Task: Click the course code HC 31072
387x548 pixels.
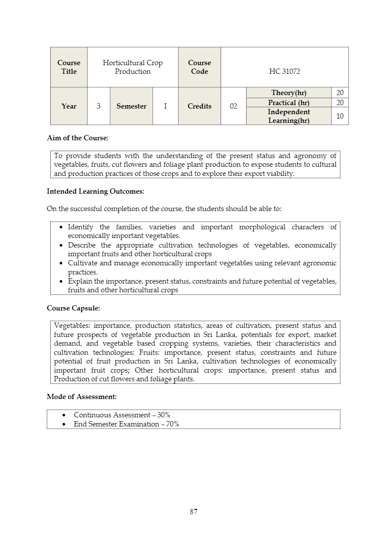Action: click(284, 72)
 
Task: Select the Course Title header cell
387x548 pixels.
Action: click(69, 67)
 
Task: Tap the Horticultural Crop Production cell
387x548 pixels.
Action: click(133, 67)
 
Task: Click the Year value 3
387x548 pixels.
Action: click(99, 106)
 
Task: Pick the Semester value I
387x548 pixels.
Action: click(165, 106)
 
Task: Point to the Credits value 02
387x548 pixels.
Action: click(234, 106)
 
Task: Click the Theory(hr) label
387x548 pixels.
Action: click(289, 93)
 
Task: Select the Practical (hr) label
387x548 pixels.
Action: click(289, 103)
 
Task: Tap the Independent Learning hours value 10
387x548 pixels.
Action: click(340, 116)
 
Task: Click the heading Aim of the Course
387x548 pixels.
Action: click(78, 138)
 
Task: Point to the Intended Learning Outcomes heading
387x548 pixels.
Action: click(95, 191)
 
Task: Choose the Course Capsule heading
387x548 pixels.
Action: click(73, 308)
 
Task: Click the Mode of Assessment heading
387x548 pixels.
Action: click(81, 396)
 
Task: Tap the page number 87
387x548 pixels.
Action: click(194, 512)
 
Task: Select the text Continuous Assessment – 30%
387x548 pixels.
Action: click(122, 415)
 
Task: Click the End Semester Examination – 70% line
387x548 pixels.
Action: click(126, 424)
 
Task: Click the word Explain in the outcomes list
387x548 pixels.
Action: click(80, 281)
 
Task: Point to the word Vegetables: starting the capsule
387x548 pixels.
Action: click(72, 326)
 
